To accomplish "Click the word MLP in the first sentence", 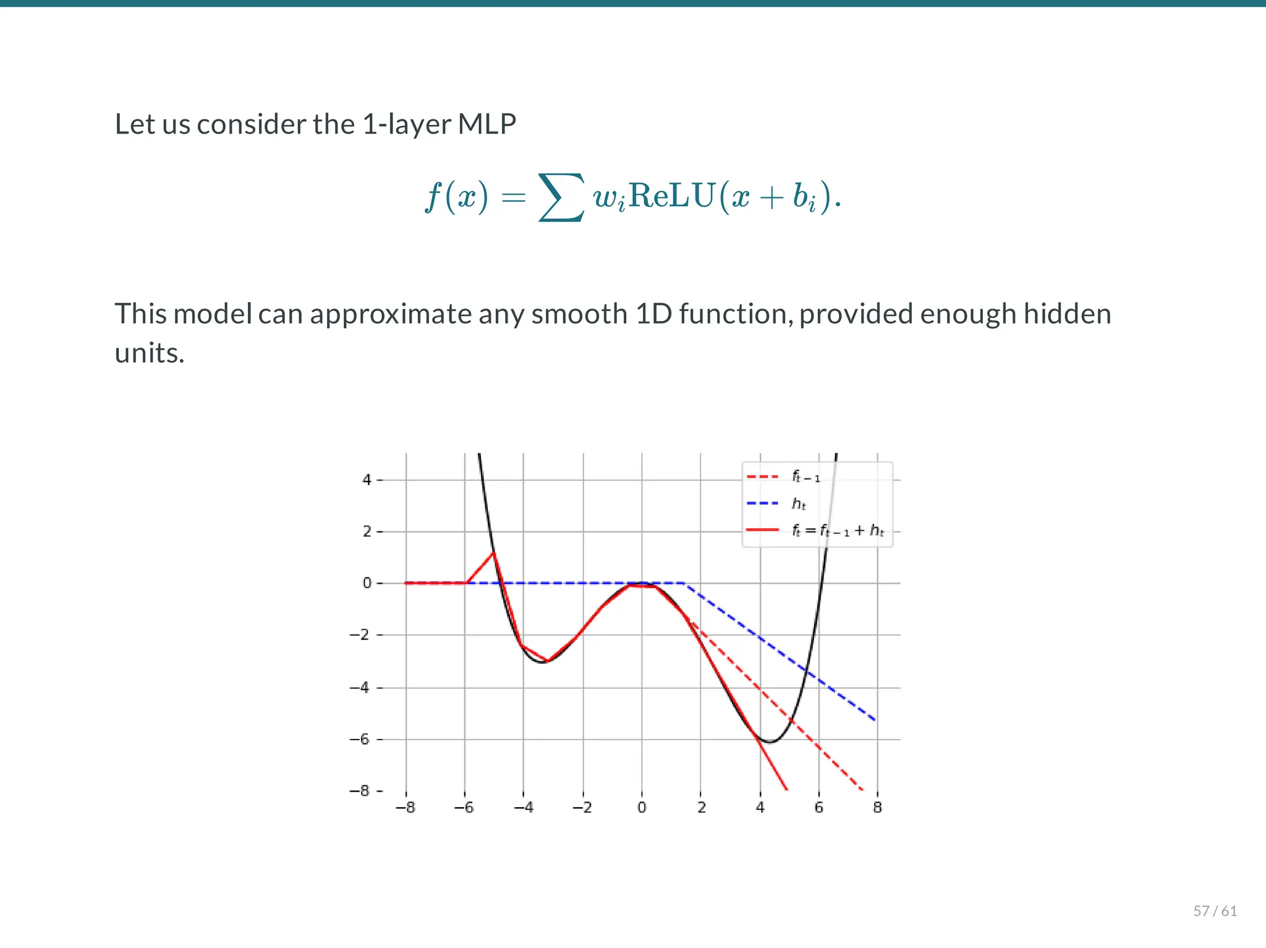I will point(486,124).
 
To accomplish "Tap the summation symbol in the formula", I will point(561,197).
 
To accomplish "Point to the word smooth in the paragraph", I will point(579,314).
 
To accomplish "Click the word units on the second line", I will point(150,353).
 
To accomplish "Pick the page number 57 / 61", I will point(1215,911).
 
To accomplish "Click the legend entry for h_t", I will point(799,504).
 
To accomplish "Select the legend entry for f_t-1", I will point(805,477).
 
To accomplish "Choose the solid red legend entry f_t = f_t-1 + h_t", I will point(838,531).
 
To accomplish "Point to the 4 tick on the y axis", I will point(367,479).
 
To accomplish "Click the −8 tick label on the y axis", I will point(359,791).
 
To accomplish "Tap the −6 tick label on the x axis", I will point(464,808).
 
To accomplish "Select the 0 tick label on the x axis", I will point(642,808).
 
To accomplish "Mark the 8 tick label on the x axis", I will point(877,808).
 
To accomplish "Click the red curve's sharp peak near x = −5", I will point(493,552).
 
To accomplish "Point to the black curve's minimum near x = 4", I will point(769,741).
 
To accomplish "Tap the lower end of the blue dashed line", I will point(875,720).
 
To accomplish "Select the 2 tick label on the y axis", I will point(367,531).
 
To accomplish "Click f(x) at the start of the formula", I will point(456,197).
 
